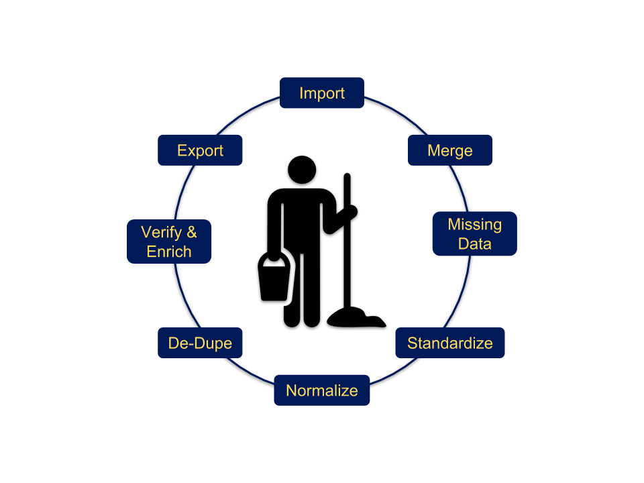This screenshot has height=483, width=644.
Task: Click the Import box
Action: [322, 93]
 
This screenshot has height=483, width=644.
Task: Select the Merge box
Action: [450, 150]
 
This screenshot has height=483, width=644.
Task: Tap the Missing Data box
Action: [475, 233]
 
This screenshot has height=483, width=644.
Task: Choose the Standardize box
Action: [450, 343]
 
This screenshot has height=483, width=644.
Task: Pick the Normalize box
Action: [322, 390]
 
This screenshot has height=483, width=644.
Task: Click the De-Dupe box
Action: [200, 343]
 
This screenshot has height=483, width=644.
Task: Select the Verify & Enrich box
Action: [169, 241]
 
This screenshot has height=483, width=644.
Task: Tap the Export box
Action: [200, 150]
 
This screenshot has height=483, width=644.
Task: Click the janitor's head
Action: [302, 170]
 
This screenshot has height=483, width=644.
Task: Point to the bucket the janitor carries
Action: [274, 277]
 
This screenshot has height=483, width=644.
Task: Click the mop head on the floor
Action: [356, 317]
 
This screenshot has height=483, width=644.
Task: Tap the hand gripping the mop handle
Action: [351, 211]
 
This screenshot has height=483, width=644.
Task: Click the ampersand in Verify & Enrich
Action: [191, 232]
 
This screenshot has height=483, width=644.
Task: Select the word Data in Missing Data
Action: [475, 244]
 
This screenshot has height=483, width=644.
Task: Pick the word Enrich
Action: [169, 252]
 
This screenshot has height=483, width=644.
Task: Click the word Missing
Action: [475, 225]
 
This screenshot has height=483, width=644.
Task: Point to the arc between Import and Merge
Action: [398, 112]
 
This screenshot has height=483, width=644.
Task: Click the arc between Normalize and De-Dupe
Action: [250, 372]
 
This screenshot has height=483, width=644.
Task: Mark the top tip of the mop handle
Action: [347, 174]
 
